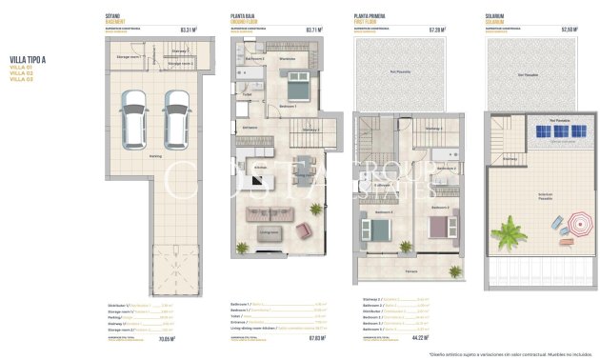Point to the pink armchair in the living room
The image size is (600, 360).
click(x=305, y=230)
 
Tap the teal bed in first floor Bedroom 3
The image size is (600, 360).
click(x=369, y=230)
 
